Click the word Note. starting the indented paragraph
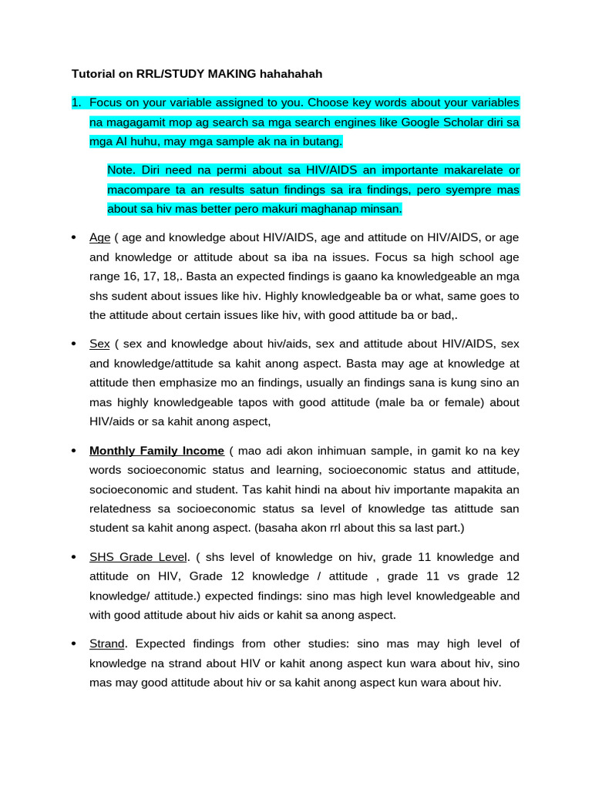coord(121,170)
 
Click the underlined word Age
coord(99,237)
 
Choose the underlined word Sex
coord(99,344)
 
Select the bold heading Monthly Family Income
coord(156,450)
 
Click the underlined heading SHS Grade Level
coord(137,556)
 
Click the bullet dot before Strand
coord(73,643)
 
